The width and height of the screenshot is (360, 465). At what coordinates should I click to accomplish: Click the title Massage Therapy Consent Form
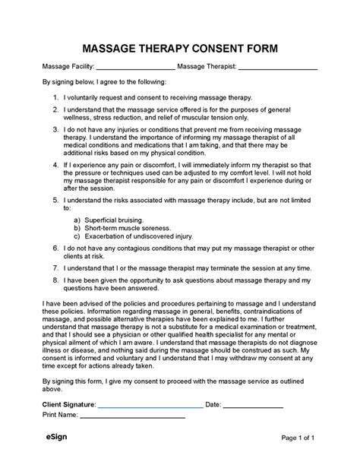tap(180, 49)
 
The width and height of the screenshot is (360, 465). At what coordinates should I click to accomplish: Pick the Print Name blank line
tap(133, 417)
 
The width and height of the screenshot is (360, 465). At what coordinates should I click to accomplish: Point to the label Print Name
tap(60, 416)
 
